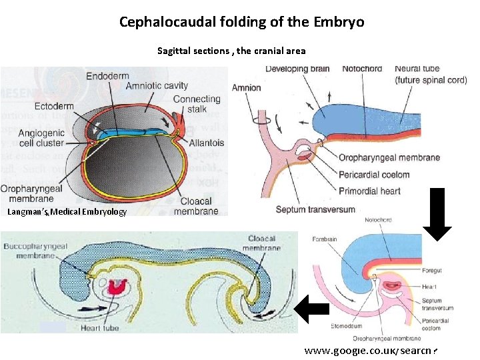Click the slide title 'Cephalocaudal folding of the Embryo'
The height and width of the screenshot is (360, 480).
coord(241,21)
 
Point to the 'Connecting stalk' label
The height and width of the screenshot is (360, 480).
coord(196,104)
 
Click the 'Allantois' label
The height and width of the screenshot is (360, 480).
coord(207,143)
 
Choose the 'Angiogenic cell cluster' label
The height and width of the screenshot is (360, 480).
coord(41,138)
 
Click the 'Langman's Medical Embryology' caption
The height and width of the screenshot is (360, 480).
coord(67,212)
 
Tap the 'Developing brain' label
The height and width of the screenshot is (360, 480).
coord(298,69)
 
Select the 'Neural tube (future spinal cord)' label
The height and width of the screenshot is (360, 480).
coord(431,74)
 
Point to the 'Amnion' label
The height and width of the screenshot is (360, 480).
coord(246,88)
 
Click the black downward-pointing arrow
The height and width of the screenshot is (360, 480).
coord(438,213)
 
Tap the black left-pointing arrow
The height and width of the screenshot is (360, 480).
coord(311,307)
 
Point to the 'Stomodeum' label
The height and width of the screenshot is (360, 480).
coord(347,327)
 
